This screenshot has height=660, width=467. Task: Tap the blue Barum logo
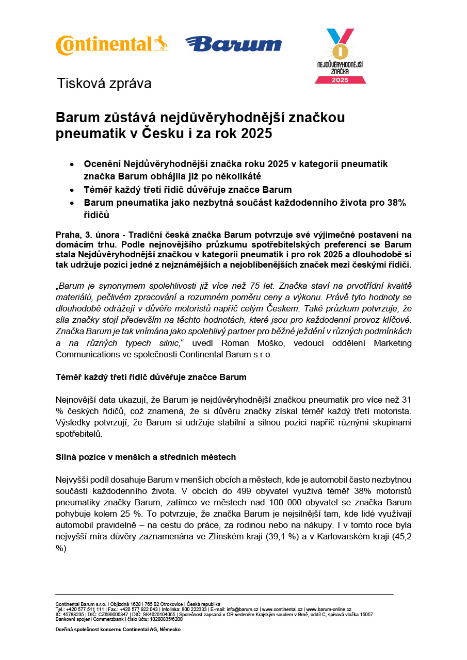pyautogui.click(x=233, y=44)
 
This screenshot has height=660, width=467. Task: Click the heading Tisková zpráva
pyautogui.click(x=104, y=84)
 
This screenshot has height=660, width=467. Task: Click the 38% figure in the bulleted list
pyautogui.click(x=396, y=203)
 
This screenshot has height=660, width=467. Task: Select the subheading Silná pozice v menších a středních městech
pyautogui.click(x=146, y=457)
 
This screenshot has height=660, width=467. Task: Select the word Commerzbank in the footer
pyautogui.click(x=108, y=619)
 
